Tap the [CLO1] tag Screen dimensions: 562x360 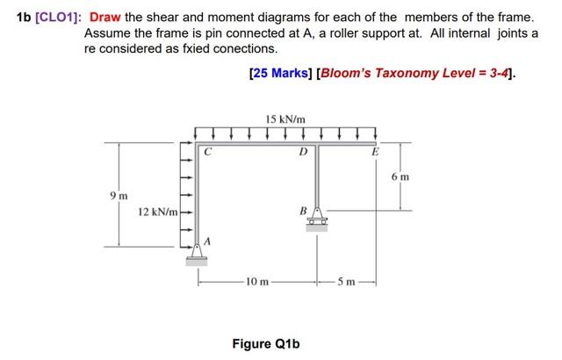tap(54, 18)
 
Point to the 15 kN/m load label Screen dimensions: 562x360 tap(284, 119)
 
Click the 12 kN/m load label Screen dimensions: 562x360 tap(159, 212)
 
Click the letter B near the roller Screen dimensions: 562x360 tap(303, 211)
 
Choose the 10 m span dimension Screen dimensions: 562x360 tap(255, 283)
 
